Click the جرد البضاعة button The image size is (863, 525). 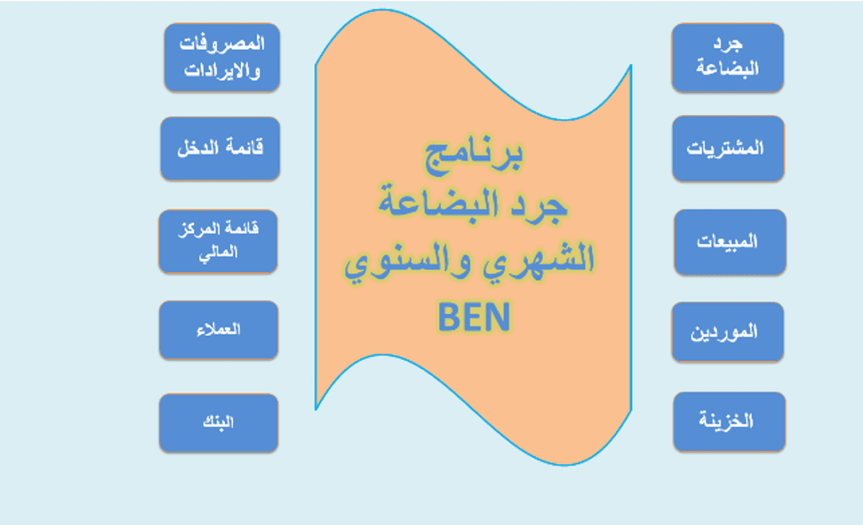(727, 57)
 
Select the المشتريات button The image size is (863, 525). (728, 149)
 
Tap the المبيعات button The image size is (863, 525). (730, 241)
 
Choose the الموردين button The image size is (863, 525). (727, 332)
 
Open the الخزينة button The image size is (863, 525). (729, 422)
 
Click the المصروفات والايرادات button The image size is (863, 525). (222, 57)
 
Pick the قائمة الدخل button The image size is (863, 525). (220, 149)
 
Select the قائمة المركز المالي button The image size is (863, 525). (218, 241)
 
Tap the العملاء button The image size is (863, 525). (218, 330)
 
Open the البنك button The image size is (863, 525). (218, 423)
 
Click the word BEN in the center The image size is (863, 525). (474, 317)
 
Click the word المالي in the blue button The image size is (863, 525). (218, 253)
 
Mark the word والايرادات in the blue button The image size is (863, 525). (222, 71)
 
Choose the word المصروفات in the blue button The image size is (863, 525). (222, 44)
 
